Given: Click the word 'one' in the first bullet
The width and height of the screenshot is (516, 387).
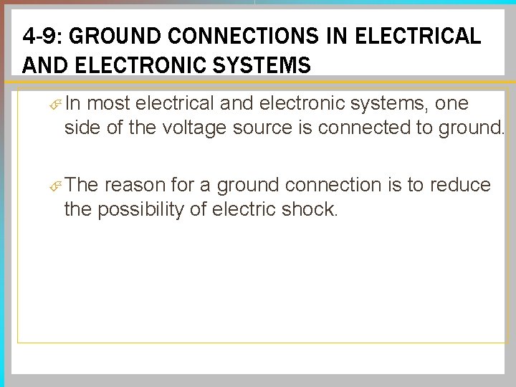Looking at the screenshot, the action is coord(451,104).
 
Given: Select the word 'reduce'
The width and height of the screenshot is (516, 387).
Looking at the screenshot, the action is coord(460,186).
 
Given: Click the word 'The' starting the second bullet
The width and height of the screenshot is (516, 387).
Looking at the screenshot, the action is coord(82,186).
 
